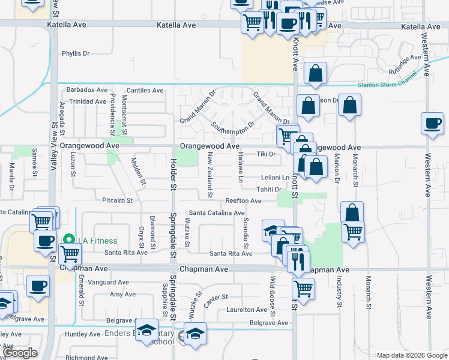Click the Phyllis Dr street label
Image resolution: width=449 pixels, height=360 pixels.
(x=76, y=53)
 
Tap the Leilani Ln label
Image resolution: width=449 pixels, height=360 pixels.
(x=275, y=178)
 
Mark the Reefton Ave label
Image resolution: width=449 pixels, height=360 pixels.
(x=243, y=200)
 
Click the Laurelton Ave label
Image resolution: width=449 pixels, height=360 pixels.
(x=246, y=310)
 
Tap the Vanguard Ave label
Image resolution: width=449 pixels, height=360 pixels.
(x=108, y=282)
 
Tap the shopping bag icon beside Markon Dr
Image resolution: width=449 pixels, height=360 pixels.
(x=349, y=105)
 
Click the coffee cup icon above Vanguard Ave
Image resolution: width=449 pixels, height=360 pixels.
(x=38, y=286)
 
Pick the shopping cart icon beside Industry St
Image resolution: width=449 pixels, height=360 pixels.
(x=353, y=230)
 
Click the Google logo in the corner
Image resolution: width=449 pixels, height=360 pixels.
(x=20, y=353)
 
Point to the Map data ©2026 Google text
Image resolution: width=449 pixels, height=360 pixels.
(x=412, y=355)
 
